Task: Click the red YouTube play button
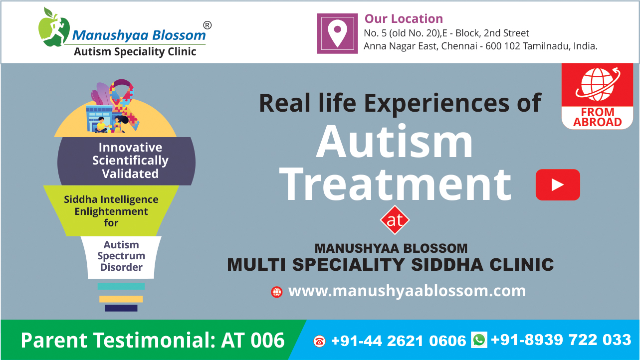558,184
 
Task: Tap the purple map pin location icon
337,33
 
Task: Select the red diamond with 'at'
395,220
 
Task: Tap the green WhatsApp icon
479,340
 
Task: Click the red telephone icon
319,341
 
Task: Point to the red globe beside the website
276,292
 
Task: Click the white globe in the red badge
598,84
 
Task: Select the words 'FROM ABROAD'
598,117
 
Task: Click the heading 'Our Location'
404,19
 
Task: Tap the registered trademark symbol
208,25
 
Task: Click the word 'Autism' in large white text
395,141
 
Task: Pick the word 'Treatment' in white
395,184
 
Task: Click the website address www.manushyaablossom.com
407,291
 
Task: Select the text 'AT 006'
253,340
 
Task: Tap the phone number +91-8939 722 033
561,340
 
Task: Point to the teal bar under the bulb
121,286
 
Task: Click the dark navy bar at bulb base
121,308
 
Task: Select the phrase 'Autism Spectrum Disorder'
121,256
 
